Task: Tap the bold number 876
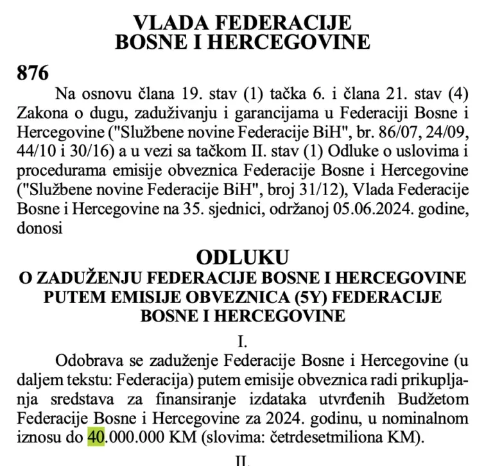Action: (x=32, y=73)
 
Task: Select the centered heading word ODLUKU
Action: (x=243, y=257)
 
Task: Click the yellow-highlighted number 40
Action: (x=94, y=438)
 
